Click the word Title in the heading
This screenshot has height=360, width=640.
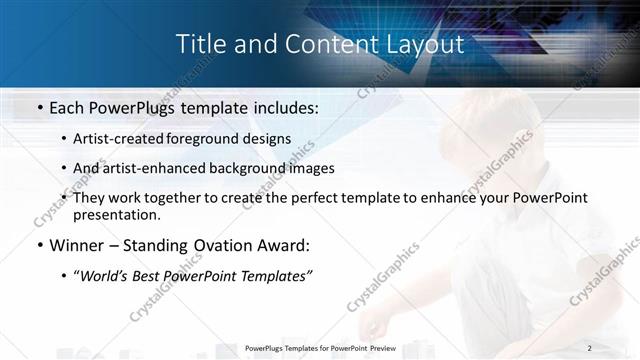[200, 44]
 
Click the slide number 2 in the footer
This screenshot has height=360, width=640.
[590, 348]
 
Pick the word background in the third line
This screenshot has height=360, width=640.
[251, 168]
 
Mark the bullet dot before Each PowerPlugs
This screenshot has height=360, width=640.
[38, 105]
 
